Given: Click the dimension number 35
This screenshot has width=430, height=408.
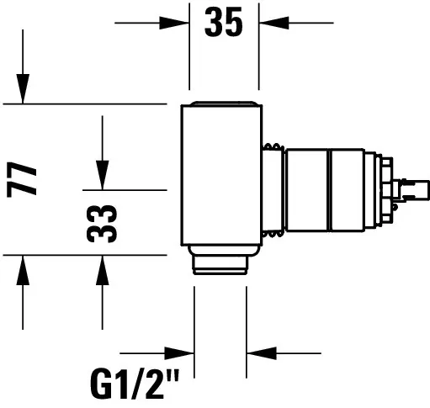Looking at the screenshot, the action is [223, 22].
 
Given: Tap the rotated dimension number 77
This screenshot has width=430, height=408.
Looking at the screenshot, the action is [22, 179].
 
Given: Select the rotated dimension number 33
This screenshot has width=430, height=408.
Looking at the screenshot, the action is [102, 224].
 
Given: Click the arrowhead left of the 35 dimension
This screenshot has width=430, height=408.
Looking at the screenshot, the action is [174, 23].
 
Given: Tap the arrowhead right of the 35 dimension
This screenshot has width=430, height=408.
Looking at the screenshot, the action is [273, 23].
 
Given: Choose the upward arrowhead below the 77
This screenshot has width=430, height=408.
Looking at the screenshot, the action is [23, 270].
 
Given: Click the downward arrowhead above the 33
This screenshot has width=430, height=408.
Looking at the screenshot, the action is [103, 175].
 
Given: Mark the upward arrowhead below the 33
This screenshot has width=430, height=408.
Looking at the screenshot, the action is [103, 270].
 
